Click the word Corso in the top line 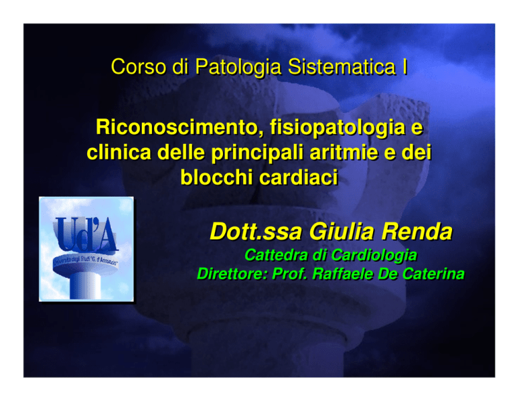coord(139,66)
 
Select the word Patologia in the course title coord(238,68)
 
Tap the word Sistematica coord(341,66)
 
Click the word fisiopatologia coord(338,128)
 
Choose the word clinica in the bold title coord(119,152)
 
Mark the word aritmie coord(343,152)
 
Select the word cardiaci coord(299,177)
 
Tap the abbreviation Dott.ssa coord(255,231)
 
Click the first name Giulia coord(342,231)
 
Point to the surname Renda coord(417,231)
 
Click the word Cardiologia coord(374,256)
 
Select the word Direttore coord(232,274)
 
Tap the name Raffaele coord(343,274)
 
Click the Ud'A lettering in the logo coord(85,233)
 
